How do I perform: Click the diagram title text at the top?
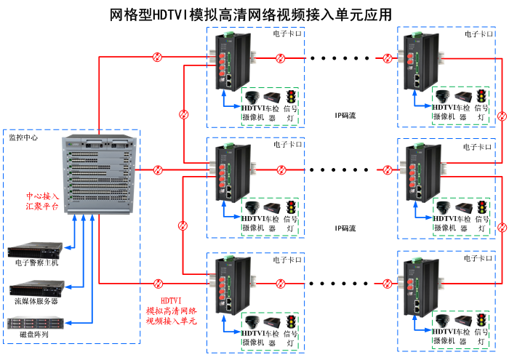[251, 15]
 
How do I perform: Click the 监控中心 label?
[23, 137]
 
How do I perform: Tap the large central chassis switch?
[99, 175]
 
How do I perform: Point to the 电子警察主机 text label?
[36, 263]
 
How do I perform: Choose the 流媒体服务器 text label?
[36, 300]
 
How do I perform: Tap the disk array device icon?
[33, 322]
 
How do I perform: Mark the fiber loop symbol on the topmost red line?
[157, 57]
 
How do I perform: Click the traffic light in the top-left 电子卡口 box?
[291, 97]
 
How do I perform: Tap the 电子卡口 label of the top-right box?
[479, 33]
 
